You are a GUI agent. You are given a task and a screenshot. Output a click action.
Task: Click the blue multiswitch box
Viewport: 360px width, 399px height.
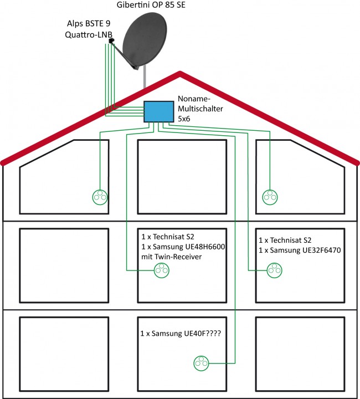[x=159, y=111]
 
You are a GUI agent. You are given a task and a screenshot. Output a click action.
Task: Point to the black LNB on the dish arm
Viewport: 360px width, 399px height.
[x=111, y=41]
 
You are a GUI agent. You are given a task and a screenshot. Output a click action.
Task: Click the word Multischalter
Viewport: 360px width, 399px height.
[x=200, y=110]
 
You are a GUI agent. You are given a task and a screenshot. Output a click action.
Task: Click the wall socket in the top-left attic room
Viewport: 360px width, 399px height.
[x=100, y=196]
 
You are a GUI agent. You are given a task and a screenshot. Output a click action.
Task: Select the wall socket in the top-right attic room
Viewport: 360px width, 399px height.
[x=270, y=196]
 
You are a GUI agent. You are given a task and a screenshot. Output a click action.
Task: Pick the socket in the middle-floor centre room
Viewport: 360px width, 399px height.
[x=161, y=270]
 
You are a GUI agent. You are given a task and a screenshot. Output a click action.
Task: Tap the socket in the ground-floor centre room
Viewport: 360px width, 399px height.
[x=201, y=364]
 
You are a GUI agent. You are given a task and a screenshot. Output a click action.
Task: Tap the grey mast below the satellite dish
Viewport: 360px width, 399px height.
[x=145, y=77]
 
